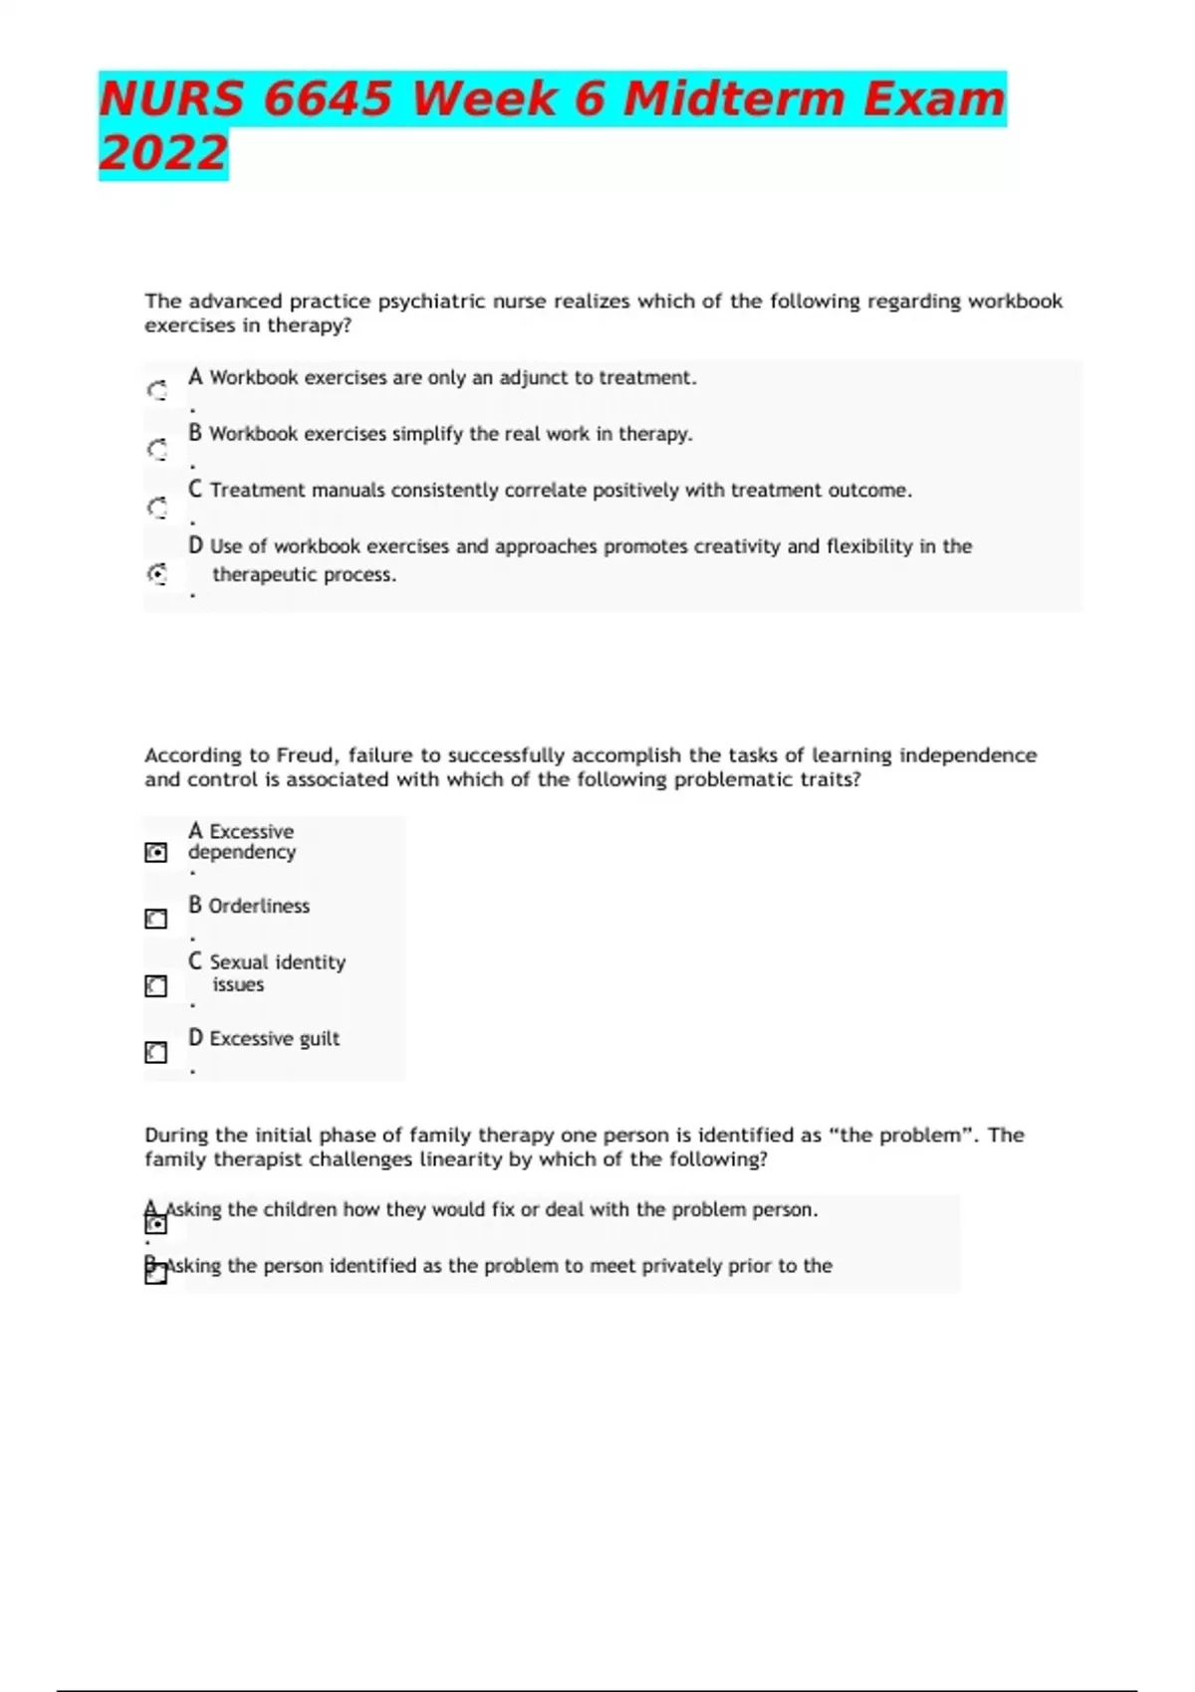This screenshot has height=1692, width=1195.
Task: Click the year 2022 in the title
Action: coord(163,153)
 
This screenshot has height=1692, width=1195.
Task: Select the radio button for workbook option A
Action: coord(157,391)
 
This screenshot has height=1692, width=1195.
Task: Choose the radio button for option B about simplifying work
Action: coord(157,450)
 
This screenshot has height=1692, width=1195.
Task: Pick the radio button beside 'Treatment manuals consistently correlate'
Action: coord(157,509)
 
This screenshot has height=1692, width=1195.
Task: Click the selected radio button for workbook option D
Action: coord(157,574)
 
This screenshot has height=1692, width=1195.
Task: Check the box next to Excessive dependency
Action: coord(156,853)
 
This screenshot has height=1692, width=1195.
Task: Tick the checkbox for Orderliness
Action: coord(156,919)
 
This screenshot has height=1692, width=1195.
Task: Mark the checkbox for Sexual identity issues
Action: coord(156,986)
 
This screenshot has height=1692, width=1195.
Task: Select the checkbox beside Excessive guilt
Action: coord(156,1052)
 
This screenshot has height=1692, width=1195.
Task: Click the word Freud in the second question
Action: coord(306,755)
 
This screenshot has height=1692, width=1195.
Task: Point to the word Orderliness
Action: coord(259,906)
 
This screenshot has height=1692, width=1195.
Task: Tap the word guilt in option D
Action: coord(319,1039)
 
